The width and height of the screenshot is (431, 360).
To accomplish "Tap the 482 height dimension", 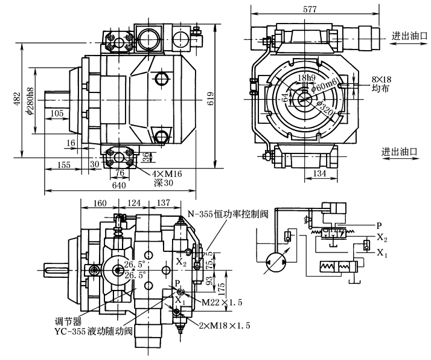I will (18, 97).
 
